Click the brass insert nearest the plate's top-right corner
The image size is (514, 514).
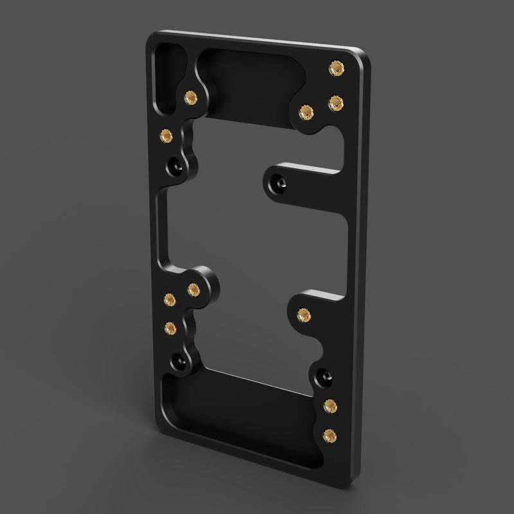pyautogui.click(x=335, y=68)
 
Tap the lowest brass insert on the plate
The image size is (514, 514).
pyautogui.click(x=330, y=434)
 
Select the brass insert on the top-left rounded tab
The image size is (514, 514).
pyautogui.click(x=190, y=98)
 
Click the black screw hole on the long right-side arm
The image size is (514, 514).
pyautogui.click(x=279, y=182)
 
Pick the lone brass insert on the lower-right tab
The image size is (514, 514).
pyautogui.click(x=304, y=315)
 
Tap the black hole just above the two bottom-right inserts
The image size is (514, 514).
pyautogui.click(x=323, y=374)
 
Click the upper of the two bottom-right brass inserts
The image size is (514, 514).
pyautogui.click(x=331, y=405)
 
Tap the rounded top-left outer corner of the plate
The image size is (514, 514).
pyautogui.click(x=150, y=37)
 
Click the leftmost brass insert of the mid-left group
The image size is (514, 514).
pyautogui.click(x=169, y=299)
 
